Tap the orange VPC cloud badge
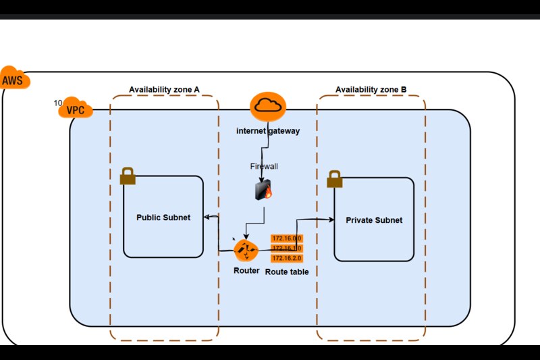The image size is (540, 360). coord(77,108)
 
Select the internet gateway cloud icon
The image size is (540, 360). coord(268,106)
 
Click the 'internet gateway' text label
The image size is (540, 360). coord(268,130)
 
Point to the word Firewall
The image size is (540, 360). coord(264,165)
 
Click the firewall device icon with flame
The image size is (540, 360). coord(263,190)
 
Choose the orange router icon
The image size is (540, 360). coord(246,251)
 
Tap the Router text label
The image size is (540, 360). coord(246,270)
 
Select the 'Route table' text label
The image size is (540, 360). coord(287,271)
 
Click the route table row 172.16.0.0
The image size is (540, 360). coord(286,238)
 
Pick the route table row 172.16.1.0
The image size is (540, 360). coord(286,249)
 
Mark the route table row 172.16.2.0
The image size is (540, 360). coord(286,258)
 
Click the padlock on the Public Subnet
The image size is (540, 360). coord(128,176)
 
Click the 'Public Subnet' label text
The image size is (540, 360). coord(163,217)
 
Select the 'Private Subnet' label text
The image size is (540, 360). coord(374,220)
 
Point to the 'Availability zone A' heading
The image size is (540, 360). coord(164,90)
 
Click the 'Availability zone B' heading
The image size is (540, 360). coord(371,90)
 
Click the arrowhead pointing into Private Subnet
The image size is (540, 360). coord(331,220)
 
